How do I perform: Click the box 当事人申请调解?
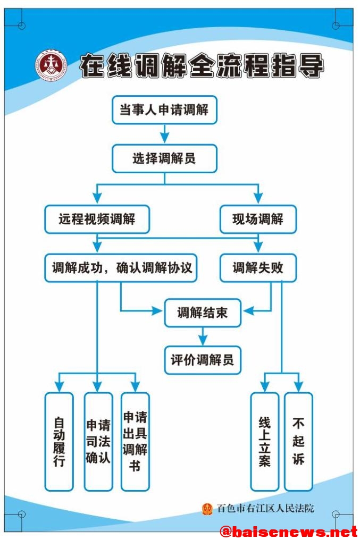[164, 110]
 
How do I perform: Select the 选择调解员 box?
[164, 158]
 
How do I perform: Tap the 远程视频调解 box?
[97, 219]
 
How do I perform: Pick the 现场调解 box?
[258, 219]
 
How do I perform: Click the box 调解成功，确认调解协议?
[121, 268]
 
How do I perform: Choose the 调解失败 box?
[258, 268]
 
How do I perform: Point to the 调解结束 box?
[202, 313]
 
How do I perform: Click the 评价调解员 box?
[202, 360]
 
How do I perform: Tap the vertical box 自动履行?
[59, 441]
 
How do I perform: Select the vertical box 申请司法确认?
[98, 441]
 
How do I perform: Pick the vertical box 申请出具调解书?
[135, 441]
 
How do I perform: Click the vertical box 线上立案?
[264, 441]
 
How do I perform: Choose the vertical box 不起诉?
[298, 441]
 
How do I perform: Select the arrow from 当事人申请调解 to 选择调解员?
[164, 134]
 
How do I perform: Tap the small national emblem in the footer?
[207, 509]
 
